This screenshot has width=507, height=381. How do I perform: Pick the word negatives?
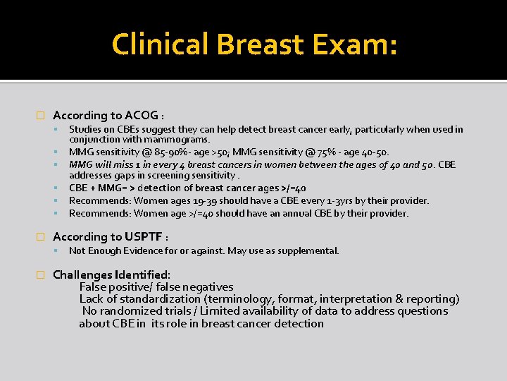[206, 287]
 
